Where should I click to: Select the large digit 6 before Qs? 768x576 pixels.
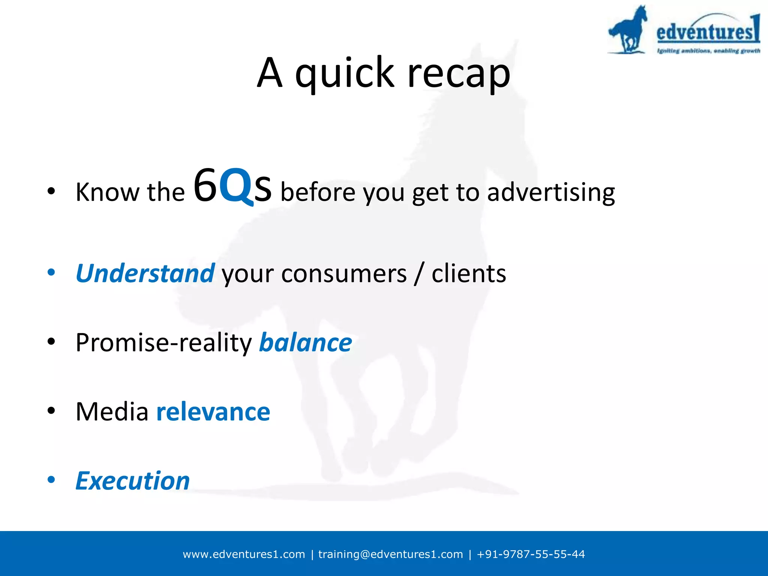tap(205, 186)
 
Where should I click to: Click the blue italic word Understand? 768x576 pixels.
tap(145, 273)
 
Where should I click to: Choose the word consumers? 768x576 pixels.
tap(343, 274)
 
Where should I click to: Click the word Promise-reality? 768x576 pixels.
tap(164, 343)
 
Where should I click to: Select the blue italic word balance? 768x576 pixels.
tap(305, 343)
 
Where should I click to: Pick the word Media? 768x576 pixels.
tap(112, 412)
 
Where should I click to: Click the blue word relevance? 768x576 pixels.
tap(213, 412)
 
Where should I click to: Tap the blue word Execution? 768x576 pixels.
tap(133, 481)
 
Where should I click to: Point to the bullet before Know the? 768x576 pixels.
tap(51, 192)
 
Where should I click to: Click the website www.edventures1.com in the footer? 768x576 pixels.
tap(244, 554)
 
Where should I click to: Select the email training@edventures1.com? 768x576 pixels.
tap(390, 554)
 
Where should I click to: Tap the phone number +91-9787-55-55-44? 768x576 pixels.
tap(530, 554)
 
